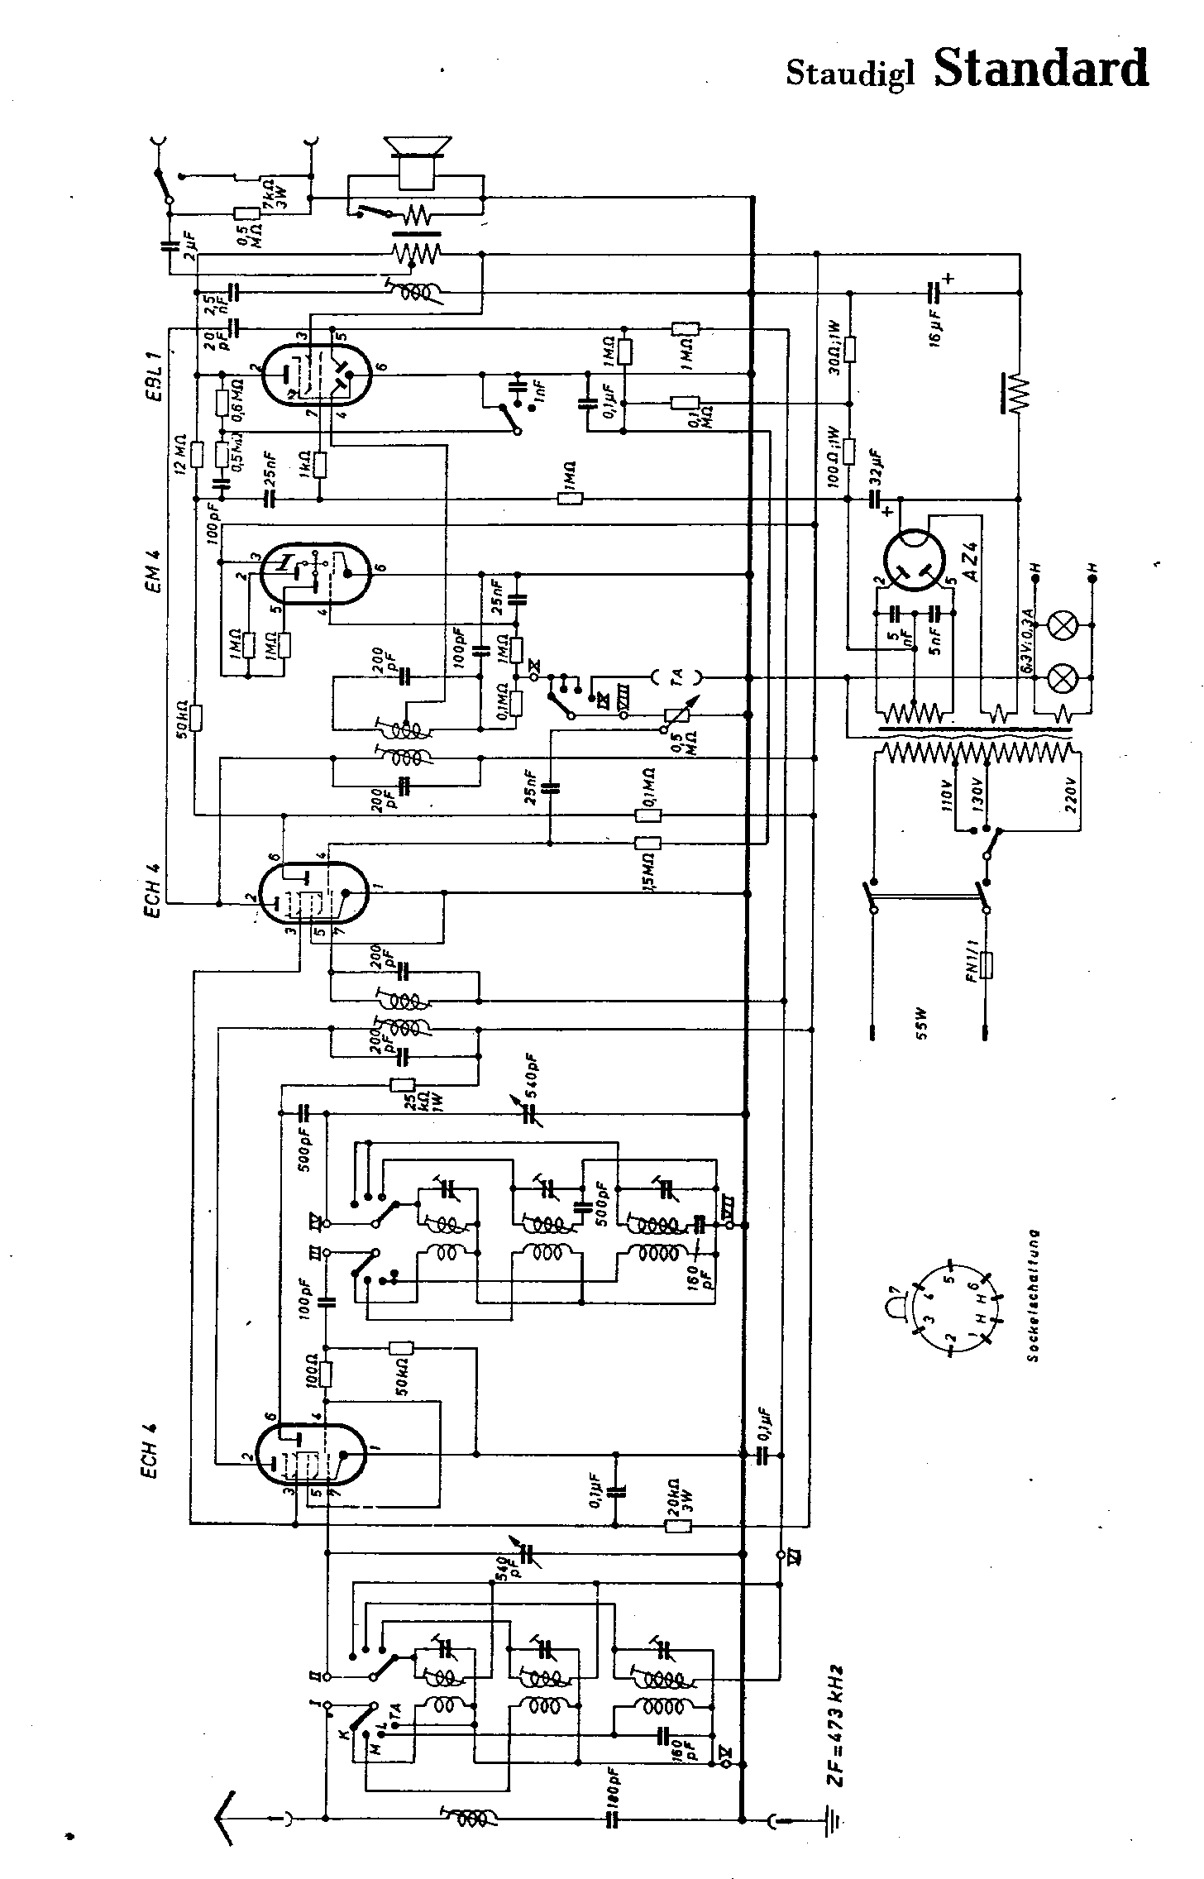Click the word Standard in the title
tap(1041, 69)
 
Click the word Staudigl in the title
tap(850, 74)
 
